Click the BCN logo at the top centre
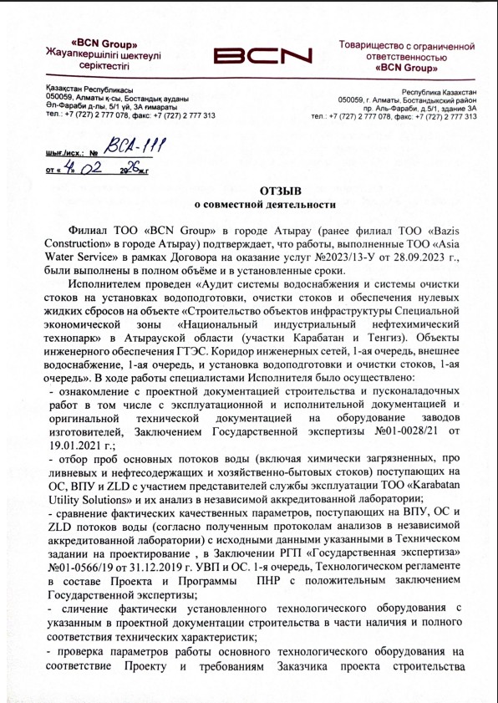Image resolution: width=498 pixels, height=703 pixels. [x=262, y=55]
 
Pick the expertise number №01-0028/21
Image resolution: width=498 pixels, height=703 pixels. [x=402, y=430]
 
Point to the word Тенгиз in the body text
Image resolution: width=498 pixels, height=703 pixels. [x=390, y=337]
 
